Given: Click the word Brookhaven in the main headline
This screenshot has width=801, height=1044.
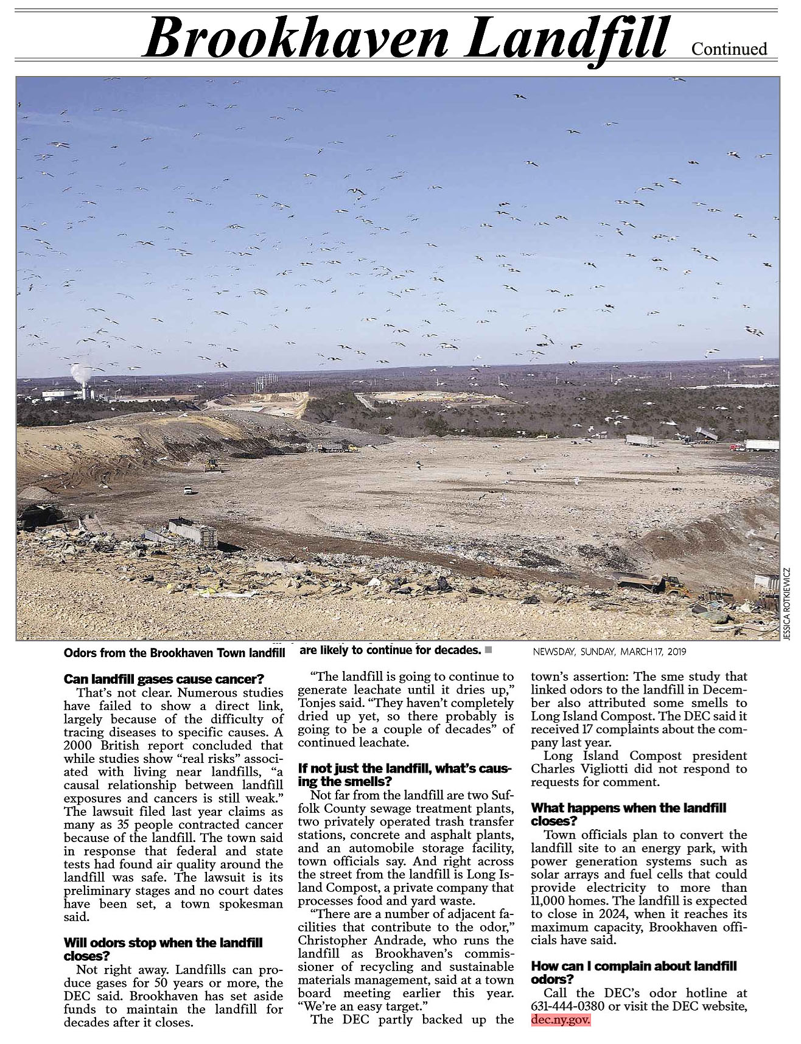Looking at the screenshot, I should (297, 38).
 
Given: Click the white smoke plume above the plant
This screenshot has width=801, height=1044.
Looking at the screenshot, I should (80, 372).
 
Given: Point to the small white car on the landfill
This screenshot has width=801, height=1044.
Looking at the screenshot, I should (187, 489).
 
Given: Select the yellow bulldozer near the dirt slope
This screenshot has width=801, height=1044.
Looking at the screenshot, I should (212, 465).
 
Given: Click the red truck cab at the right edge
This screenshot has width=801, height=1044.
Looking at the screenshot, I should (737, 447).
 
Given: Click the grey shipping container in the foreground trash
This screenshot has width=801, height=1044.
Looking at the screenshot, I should (193, 532).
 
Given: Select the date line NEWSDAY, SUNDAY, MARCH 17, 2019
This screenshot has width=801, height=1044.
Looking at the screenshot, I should (609, 652).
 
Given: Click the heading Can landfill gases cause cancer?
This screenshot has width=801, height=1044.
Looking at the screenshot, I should (164, 679).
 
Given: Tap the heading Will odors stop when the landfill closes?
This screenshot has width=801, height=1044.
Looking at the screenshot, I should (163, 949).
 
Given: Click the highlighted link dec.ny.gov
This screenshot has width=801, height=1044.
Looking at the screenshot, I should (561, 1020).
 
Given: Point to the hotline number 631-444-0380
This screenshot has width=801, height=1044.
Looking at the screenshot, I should (567, 1006).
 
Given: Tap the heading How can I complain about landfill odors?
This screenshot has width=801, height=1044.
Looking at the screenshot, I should (633, 972).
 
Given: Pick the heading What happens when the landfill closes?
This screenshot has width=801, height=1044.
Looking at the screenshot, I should (628, 814).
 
